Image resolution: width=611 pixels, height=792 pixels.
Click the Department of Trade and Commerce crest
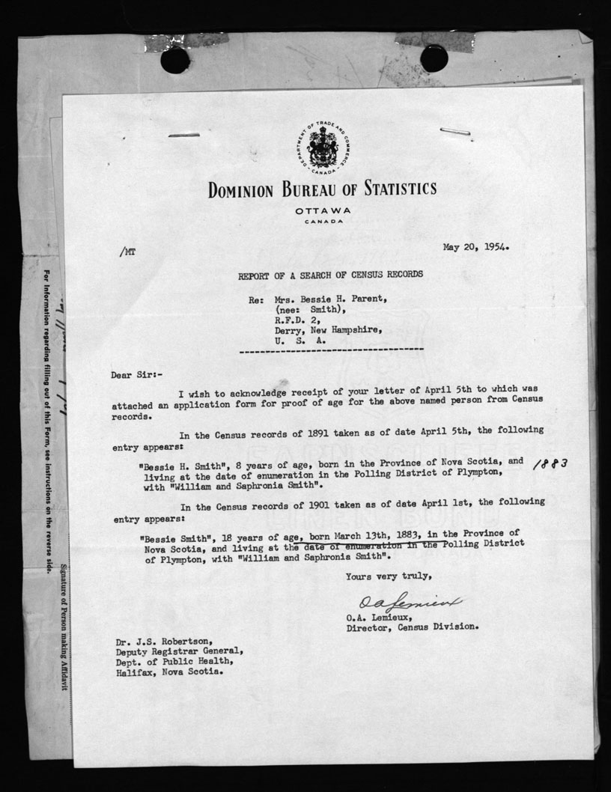[x=323, y=146]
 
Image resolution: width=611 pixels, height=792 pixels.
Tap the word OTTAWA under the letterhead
[x=323, y=210]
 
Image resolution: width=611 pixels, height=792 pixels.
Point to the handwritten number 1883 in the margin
[x=552, y=464]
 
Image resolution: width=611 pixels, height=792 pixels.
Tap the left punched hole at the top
[x=175, y=59]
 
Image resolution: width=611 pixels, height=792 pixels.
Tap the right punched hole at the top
[x=434, y=58]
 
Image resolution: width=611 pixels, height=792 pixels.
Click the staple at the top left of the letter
[x=183, y=135]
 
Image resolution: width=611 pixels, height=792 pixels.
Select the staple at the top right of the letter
[x=455, y=132]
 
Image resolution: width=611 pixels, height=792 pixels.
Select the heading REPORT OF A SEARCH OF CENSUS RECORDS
[x=330, y=275]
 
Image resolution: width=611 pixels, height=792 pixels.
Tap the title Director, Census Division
[x=411, y=627]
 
